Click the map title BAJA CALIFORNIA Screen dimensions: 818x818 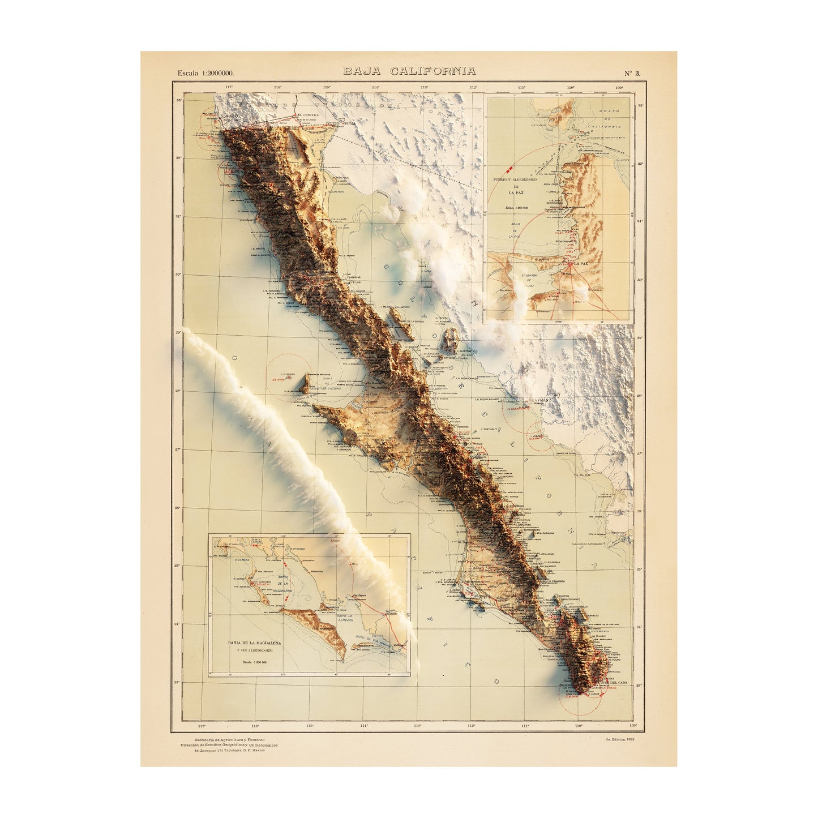pyautogui.click(x=409, y=71)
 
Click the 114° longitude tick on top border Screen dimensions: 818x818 pyautogui.click(x=375, y=87)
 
